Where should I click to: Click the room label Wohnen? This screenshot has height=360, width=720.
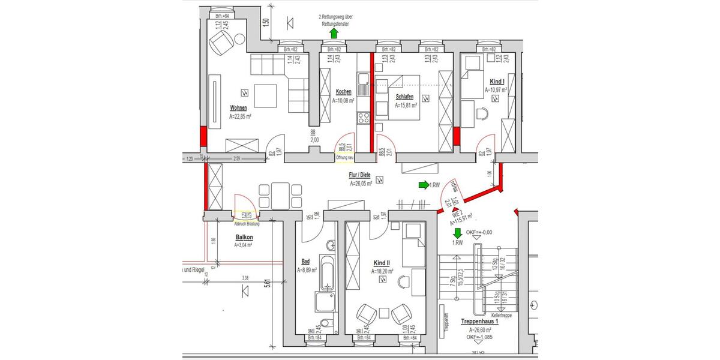238,109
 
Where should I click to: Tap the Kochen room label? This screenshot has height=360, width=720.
344,92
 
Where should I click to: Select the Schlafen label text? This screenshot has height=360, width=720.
405,97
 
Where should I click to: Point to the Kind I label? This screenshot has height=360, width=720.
497,82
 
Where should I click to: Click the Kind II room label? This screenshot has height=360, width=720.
381,263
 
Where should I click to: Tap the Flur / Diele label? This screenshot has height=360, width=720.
360,176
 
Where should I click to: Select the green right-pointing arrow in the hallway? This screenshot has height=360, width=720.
423,185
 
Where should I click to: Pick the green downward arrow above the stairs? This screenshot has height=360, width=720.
457,233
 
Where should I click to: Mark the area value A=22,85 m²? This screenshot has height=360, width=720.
240,117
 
